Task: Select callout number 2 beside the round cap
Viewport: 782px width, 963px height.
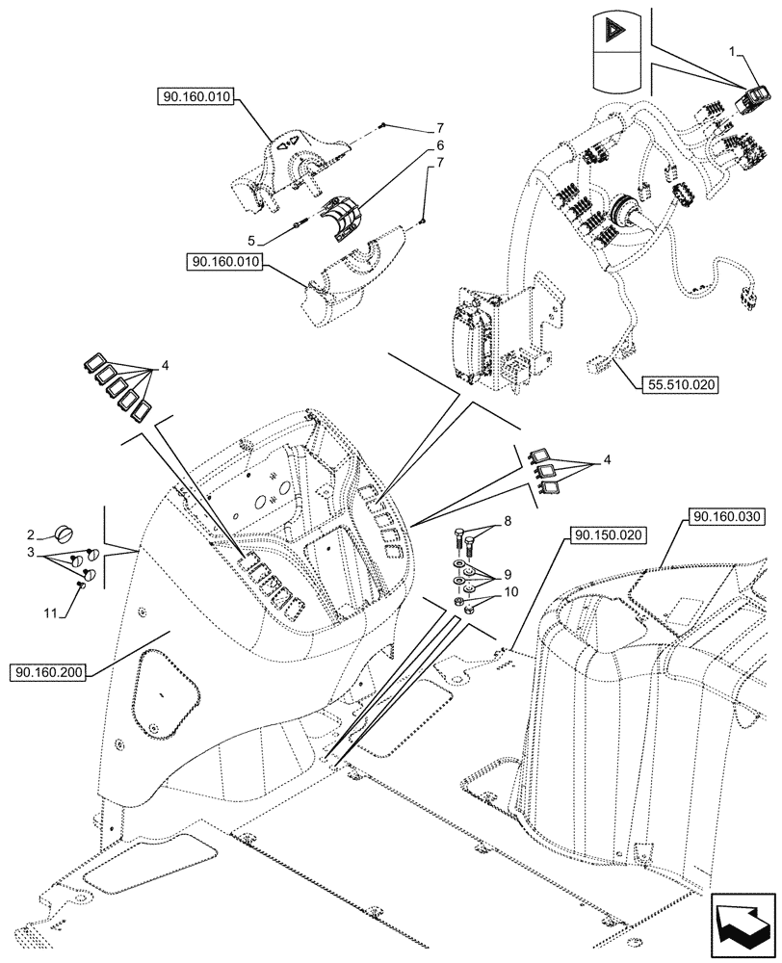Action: (32, 533)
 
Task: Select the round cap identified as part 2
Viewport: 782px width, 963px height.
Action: (65, 532)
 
